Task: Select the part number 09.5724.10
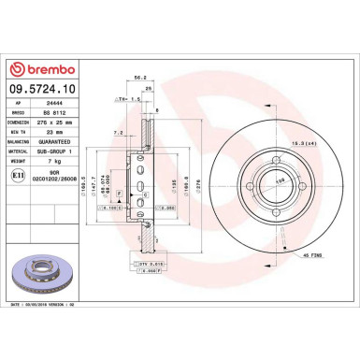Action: tap(47, 91)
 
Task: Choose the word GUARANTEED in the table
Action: tap(74, 145)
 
